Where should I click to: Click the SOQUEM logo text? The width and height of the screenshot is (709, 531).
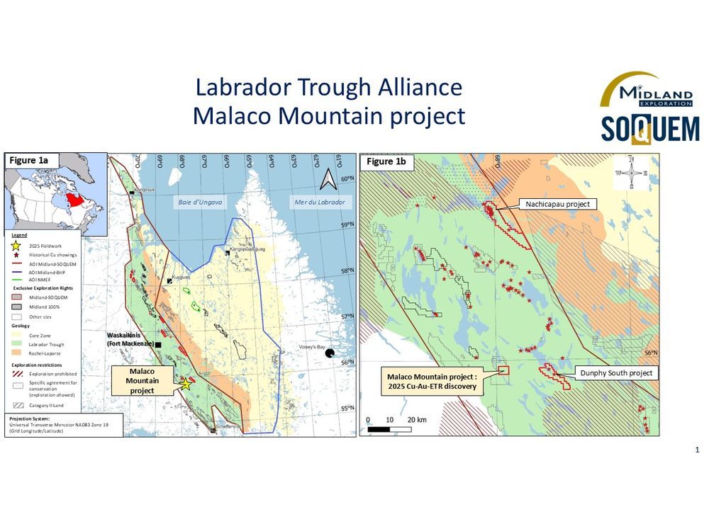(650, 127)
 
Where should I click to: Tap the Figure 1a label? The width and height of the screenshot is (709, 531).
(29, 161)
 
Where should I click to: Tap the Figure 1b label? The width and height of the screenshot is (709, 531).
(386, 162)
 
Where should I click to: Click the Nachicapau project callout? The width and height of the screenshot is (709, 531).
(557, 204)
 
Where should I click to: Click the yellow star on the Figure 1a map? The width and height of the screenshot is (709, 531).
(186, 383)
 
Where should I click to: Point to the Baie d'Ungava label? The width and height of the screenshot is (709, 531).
(199, 202)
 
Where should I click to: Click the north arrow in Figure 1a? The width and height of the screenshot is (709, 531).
(328, 181)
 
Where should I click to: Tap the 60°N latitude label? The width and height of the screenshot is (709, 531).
(348, 179)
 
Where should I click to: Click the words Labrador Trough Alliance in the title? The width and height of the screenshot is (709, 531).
(329, 88)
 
